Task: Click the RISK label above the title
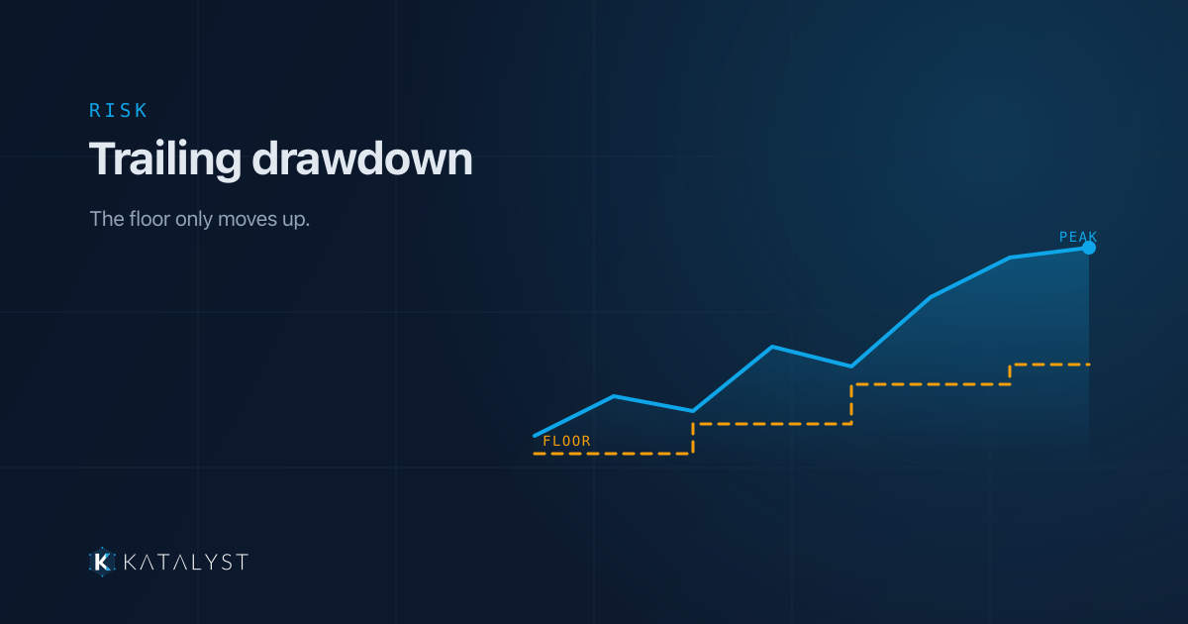pyautogui.click(x=118, y=110)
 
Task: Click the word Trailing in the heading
pyautogui.click(x=165, y=159)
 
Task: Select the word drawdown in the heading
pyautogui.click(x=361, y=158)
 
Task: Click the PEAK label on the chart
pyautogui.click(x=1078, y=237)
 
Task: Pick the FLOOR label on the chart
pyautogui.click(x=566, y=441)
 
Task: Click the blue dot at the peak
pyautogui.click(x=1089, y=248)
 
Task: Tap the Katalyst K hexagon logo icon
pyautogui.click(x=102, y=562)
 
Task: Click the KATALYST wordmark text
pyautogui.click(x=186, y=562)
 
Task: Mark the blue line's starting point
pyautogui.click(x=535, y=436)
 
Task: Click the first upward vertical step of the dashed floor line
pyautogui.click(x=693, y=439)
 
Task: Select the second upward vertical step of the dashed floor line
pyautogui.click(x=851, y=404)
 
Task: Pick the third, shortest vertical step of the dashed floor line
pyautogui.click(x=1010, y=374)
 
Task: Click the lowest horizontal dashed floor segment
pyautogui.click(x=613, y=454)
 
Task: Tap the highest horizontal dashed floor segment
pyautogui.click(x=1050, y=364)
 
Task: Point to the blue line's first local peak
pyautogui.click(x=614, y=396)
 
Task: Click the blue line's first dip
pyautogui.click(x=693, y=411)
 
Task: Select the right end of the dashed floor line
pyautogui.click(x=1089, y=364)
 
